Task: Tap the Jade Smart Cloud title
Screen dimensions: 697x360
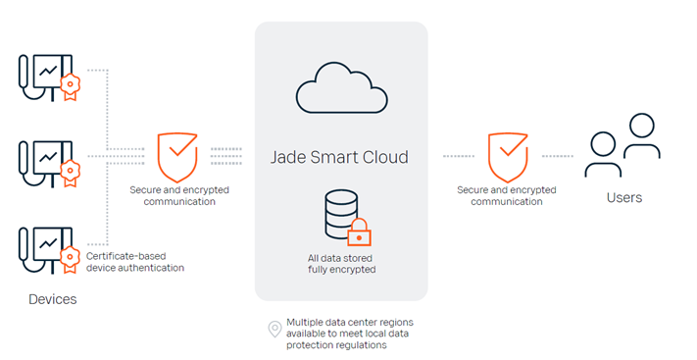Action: point(339,157)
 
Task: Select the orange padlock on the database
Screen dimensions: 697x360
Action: point(359,232)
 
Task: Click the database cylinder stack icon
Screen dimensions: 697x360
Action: point(341,214)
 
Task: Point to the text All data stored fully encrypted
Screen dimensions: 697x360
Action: point(341,264)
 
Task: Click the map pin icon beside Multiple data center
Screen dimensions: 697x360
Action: point(274,330)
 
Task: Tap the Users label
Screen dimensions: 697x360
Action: point(624,197)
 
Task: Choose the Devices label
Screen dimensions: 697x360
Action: point(53,299)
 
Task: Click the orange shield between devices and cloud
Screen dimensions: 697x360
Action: point(177,157)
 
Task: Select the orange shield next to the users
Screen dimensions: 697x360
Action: point(508,157)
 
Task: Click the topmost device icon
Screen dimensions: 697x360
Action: point(49,77)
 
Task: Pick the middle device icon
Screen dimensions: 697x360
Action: point(49,164)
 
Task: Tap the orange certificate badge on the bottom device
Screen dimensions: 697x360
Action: point(71,259)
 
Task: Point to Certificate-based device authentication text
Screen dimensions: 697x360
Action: point(134,262)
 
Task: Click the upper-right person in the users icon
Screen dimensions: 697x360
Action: point(641,135)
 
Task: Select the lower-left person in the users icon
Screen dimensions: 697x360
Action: point(603,155)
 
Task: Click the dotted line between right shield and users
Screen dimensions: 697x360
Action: point(558,156)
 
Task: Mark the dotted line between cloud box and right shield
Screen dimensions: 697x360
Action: point(459,156)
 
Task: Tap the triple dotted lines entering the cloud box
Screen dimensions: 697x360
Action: point(226,156)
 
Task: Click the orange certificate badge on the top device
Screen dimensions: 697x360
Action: point(71,87)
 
